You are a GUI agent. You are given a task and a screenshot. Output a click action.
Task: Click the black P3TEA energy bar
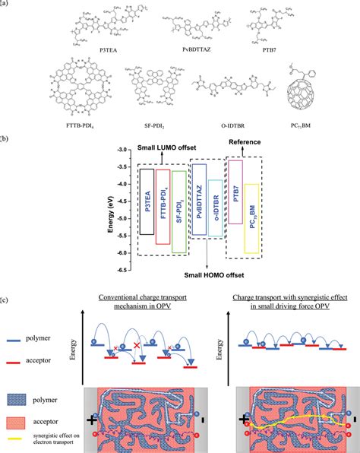[147, 201]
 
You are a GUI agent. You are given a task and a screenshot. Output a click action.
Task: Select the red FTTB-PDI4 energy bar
[162, 206]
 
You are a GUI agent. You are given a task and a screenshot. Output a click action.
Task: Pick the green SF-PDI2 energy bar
[178, 211]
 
